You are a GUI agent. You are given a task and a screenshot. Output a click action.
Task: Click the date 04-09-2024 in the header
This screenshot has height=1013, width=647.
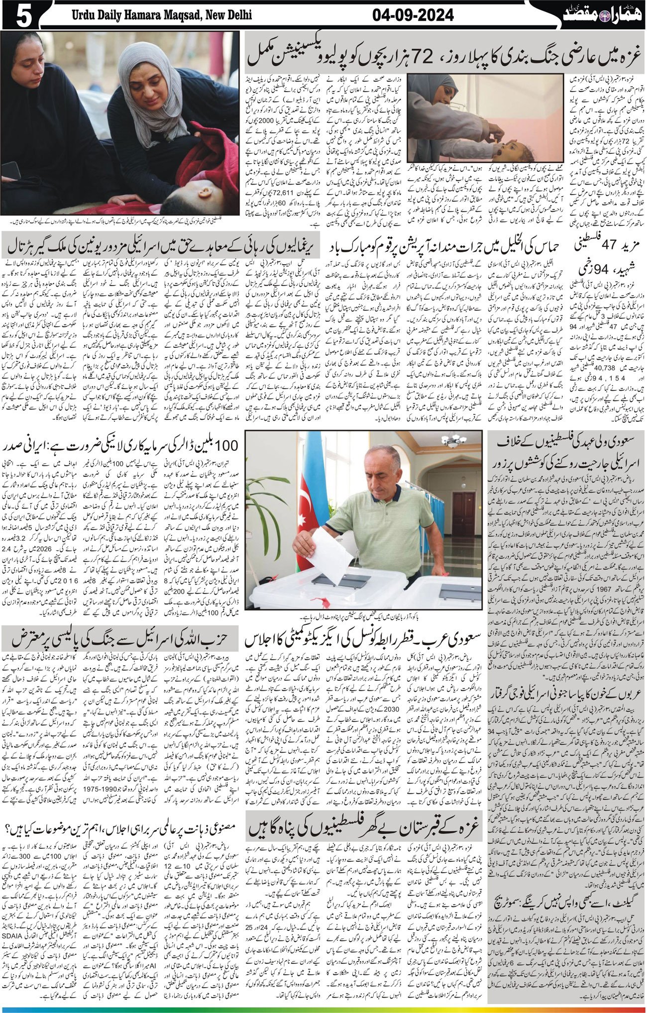413,15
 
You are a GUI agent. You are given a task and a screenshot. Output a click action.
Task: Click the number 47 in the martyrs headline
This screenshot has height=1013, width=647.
609,247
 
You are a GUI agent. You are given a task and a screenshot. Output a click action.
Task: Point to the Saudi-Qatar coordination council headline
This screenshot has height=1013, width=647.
364,638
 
